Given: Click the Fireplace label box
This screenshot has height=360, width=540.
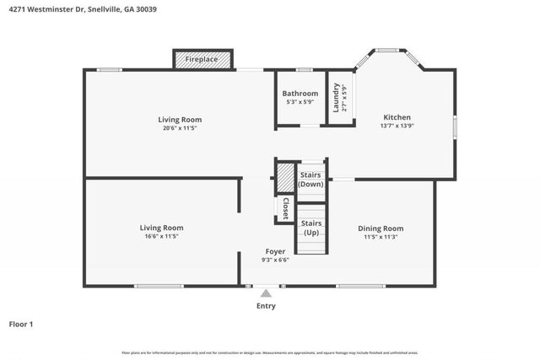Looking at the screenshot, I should [x=202, y=60].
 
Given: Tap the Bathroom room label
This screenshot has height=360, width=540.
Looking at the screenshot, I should [x=300, y=94].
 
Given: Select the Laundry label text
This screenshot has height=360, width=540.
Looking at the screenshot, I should [x=336, y=97].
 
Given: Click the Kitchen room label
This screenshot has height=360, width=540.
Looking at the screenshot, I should [x=397, y=117].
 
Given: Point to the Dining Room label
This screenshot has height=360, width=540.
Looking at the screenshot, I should [x=381, y=228].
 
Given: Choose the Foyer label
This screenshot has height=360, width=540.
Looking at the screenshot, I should [x=275, y=251].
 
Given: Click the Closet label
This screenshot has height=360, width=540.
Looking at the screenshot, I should [x=285, y=208].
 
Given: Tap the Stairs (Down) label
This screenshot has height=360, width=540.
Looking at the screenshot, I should [x=310, y=178].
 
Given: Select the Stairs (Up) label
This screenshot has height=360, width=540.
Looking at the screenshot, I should [x=310, y=227].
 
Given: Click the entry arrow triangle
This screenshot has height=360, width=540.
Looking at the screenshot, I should [x=266, y=293].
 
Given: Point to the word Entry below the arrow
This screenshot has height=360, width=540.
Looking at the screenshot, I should [x=266, y=306].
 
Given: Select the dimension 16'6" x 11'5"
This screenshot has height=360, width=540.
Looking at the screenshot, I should [x=161, y=236].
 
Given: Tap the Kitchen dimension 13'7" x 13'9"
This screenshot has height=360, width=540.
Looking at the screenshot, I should [x=397, y=126].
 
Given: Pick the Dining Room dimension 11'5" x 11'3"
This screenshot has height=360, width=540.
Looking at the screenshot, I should [x=381, y=236].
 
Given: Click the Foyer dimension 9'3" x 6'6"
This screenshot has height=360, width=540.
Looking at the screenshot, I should [x=275, y=260].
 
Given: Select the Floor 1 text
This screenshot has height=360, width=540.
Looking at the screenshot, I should [x=21, y=324].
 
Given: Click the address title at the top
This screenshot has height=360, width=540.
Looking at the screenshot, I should [x=83, y=9].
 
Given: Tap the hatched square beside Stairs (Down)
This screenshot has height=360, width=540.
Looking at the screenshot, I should [x=285, y=178].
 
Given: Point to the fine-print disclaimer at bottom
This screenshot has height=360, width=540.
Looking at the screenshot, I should [x=269, y=352].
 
